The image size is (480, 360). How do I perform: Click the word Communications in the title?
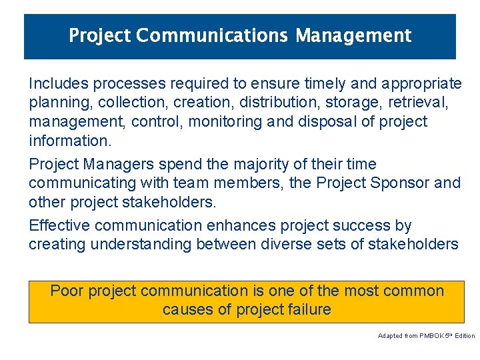point(213,35)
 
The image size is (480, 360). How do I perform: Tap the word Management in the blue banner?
point(353,35)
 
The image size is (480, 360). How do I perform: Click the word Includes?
point(59,83)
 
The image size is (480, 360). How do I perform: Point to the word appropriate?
point(423,83)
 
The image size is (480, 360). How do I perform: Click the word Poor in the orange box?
point(67,291)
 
